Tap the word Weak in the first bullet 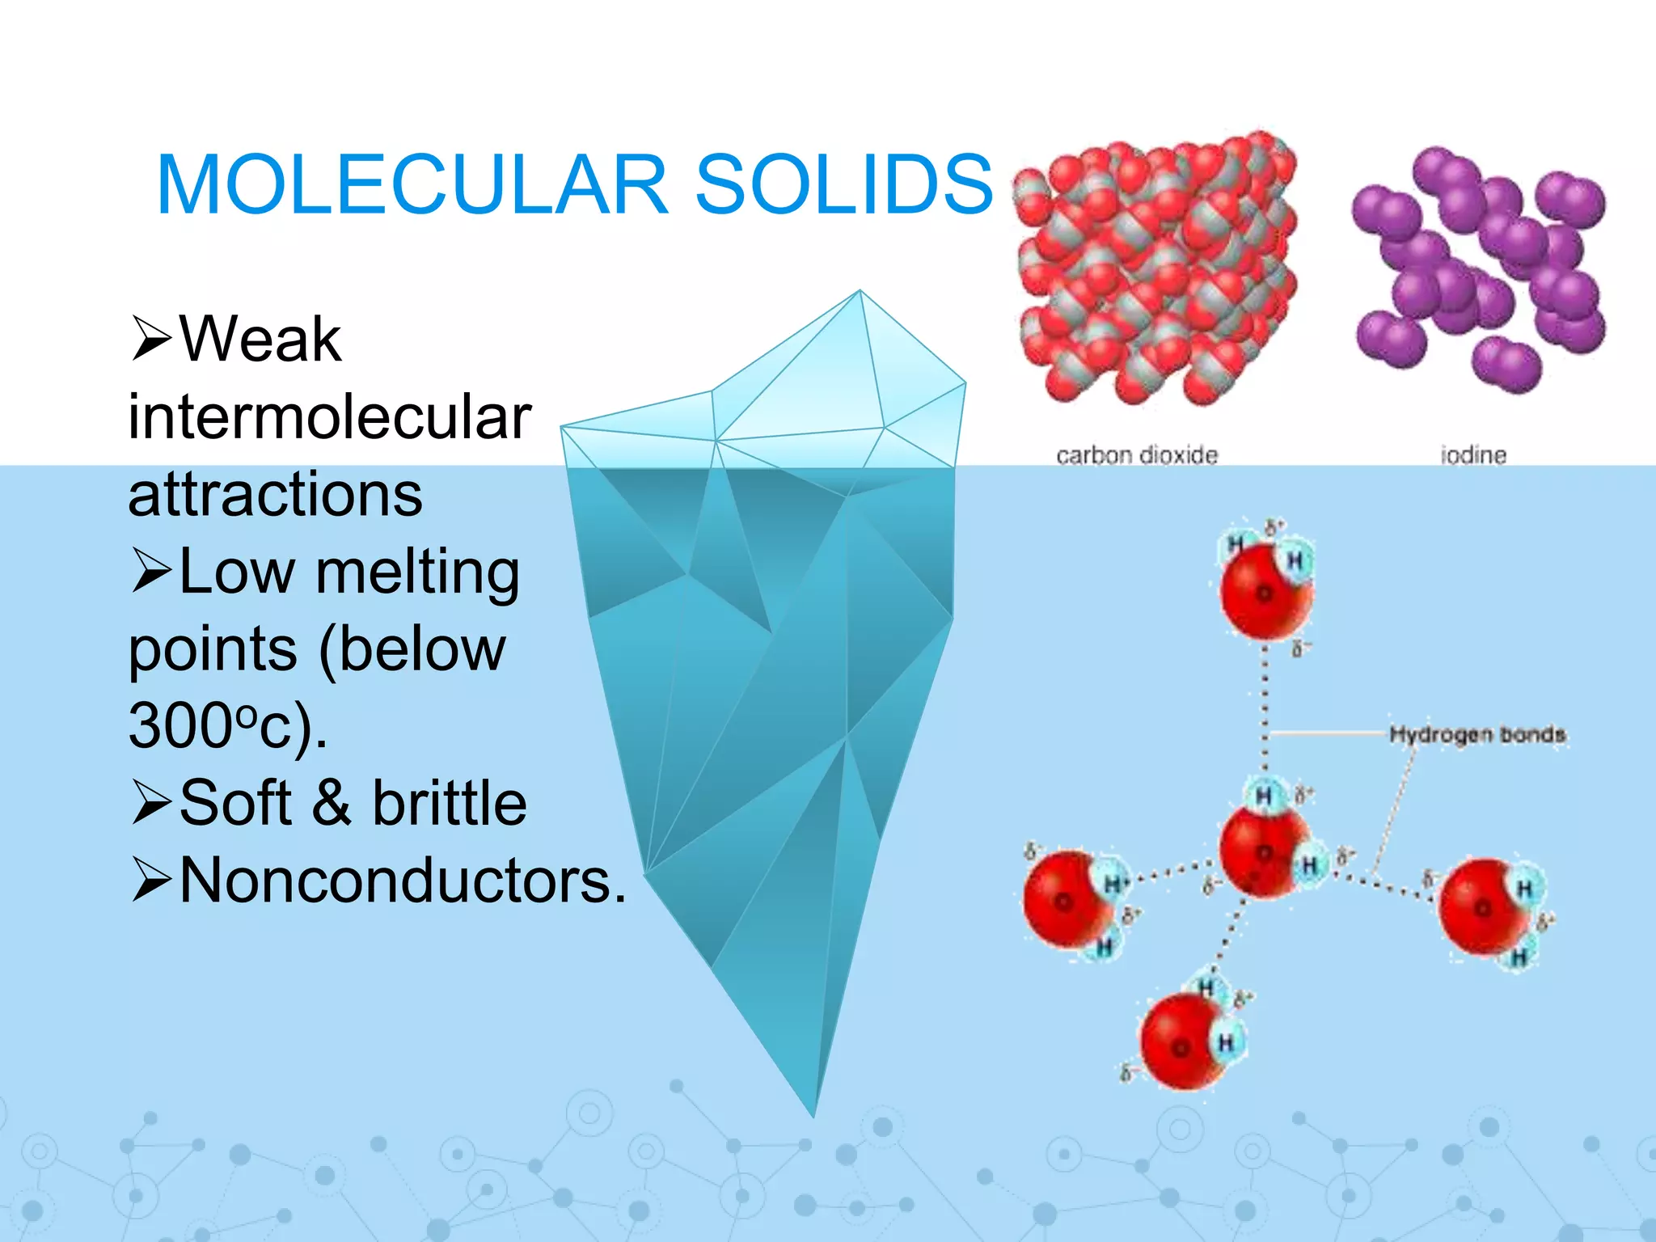coord(260,340)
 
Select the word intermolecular coord(330,417)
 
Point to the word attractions coord(276,494)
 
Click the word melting coord(417,572)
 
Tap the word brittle coord(450,803)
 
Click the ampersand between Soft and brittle coord(332,803)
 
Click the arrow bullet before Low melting coord(151,572)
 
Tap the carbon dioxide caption coord(1137,456)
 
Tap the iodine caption coord(1473,456)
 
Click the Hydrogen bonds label coord(1477,734)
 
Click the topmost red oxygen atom coord(1262,593)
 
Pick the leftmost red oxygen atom coord(1062,900)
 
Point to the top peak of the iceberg coord(860,293)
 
